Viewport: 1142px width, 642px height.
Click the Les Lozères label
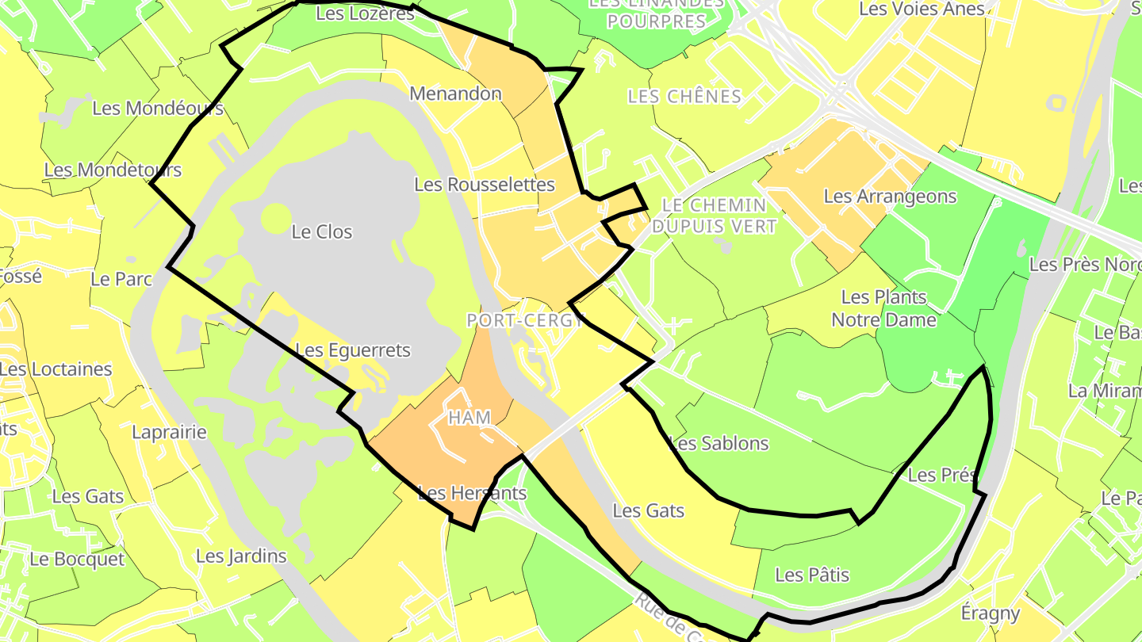click(365, 13)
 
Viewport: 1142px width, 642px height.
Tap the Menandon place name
click(455, 94)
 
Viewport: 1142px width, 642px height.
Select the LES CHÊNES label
click(684, 97)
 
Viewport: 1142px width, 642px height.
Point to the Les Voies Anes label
click(922, 10)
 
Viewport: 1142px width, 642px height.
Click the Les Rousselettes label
click(485, 184)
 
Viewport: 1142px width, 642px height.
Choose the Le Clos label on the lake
click(322, 232)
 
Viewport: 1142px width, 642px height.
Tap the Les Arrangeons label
click(890, 196)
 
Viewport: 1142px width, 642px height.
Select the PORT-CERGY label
click(525, 320)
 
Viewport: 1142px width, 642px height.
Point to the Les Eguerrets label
click(353, 350)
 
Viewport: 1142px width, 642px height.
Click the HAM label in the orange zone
click(469, 418)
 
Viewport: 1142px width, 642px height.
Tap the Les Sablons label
click(719, 443)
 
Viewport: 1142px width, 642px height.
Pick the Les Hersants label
click(472, 493)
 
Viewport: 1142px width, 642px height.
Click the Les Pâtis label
click(812, 575)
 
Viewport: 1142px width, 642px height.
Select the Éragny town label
click(990, 613)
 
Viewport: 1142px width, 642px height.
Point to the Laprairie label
click(169, 432)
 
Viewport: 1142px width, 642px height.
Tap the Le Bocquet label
click(77, 559)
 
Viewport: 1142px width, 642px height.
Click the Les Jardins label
click(241, 556)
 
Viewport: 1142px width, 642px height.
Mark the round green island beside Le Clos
click(276, 220)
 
